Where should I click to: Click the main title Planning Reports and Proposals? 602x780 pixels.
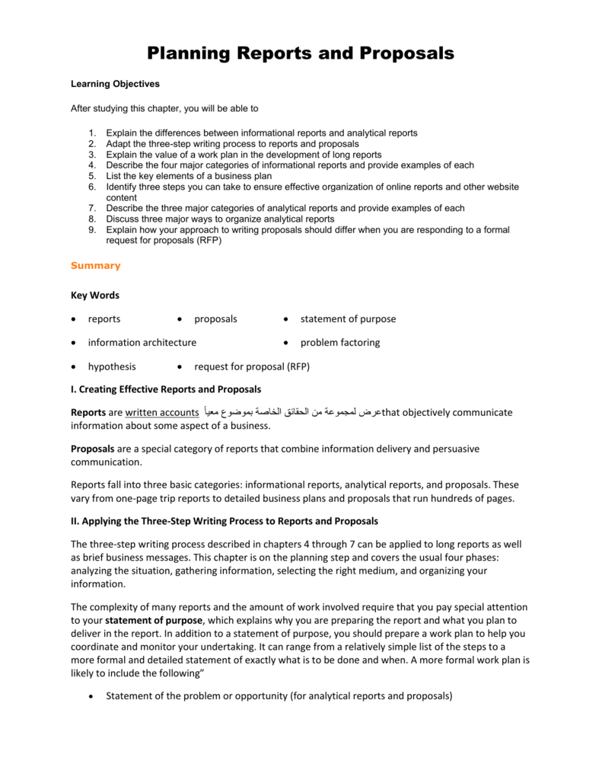tap(301, 53)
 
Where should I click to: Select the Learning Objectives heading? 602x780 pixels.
tap(115, 84)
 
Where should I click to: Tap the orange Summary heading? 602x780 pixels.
tap(95, 266)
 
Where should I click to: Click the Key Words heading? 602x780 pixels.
tap(94, 295)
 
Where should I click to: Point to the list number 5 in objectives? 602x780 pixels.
tap(91, 176)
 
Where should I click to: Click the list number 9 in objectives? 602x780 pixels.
tap(91, 229)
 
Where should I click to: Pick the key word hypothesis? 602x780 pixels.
tap(112, 366)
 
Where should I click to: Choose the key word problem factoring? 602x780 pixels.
tap(339, 343)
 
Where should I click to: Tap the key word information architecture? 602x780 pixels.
tap(142, 343)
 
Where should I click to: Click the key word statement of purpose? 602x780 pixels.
tap(348, 319)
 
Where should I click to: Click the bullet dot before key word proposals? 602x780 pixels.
tap(179, 320)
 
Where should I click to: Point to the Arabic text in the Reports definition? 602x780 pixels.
tap(291, 413)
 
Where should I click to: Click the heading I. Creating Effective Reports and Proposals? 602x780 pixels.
tap(166, 389)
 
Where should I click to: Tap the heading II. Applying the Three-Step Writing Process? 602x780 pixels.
tap(224, 522)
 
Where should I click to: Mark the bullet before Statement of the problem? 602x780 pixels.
tap(91, 696)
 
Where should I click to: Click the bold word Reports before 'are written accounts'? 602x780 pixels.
tap(88, 413)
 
